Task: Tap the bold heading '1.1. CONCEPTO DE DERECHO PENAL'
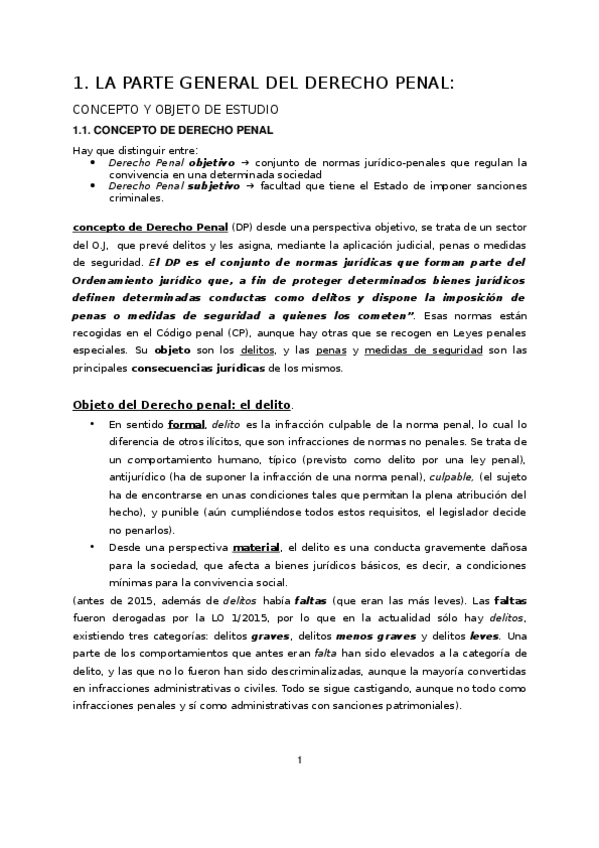tap(173, 130)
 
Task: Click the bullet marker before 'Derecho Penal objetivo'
tap(93, 162)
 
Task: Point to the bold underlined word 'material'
tap(256, 548)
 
